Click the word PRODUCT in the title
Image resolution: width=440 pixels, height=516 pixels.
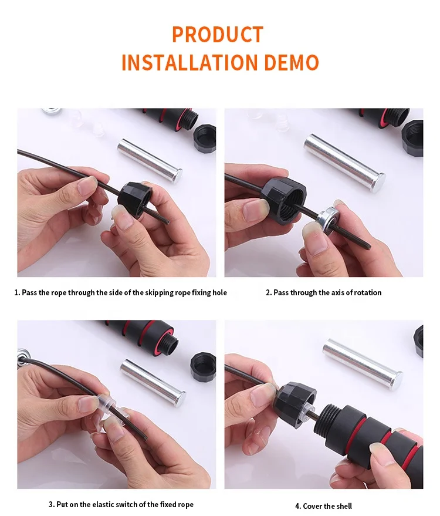click(x=218, y=34)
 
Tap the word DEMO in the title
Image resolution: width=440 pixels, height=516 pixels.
click(x=292, y=62)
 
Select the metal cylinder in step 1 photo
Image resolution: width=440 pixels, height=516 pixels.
click(x=150, y=161)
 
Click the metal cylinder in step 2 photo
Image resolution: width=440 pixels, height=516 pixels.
click(x=345, y=163)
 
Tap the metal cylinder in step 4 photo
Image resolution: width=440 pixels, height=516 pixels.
click(x=363, y=361)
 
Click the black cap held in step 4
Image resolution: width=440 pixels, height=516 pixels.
click(x=296, y=404)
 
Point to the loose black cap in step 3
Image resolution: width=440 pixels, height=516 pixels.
click(x=203, y=367)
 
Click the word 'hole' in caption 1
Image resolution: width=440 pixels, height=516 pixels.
click(x=219, y=292)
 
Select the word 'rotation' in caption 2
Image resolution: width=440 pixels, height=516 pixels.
click(x=368, y=292)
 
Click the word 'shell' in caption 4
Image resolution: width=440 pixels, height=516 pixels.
click(x=343, y=506)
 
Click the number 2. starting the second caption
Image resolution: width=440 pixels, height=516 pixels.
click(x=269, y=292)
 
